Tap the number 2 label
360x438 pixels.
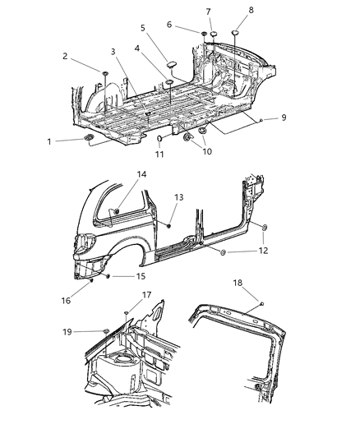(x=65, y=56)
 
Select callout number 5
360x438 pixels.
(x=143, y=27)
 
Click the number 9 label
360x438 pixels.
(x=283, y=118)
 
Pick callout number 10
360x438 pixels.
(x=205, y=152)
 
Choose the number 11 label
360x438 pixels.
(x=159, y=155)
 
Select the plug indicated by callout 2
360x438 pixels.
(x=106, y=75)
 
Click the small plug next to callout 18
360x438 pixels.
(x=261, y=304)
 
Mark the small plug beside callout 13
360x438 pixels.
(x=168, y=224)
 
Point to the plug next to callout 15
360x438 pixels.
(x=107, y=276)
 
